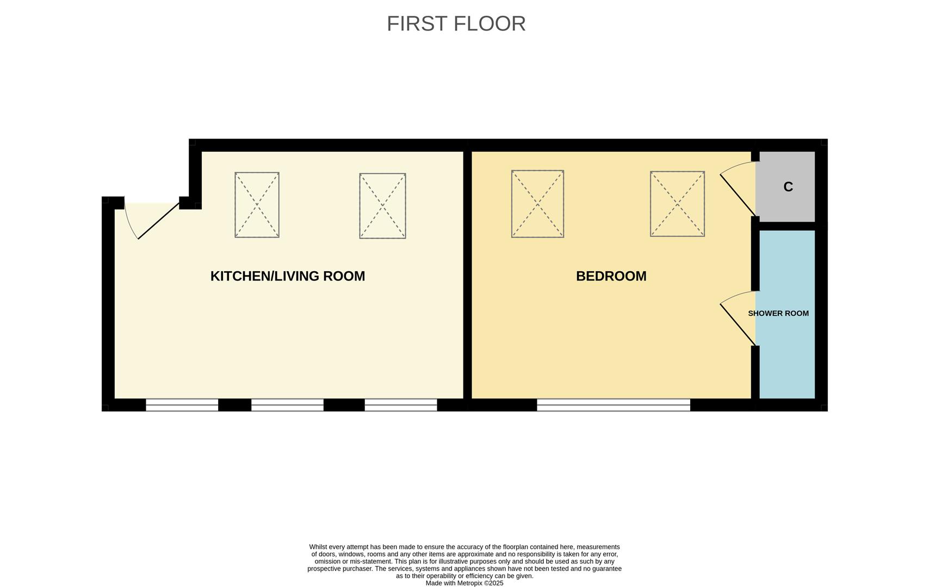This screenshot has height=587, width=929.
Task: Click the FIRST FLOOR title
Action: click(456, 24)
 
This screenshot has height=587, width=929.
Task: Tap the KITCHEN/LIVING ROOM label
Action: click(287, 276)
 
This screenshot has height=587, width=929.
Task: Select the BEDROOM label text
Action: click(611, 276)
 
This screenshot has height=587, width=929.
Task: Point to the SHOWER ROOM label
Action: click(778, 314)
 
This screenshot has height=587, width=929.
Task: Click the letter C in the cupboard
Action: click(788, 187)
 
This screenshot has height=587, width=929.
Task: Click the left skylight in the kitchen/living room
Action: click(257, 205)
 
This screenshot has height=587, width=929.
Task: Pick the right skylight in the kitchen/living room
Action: click(382, 206)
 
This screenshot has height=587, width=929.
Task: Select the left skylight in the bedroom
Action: click(537, 204)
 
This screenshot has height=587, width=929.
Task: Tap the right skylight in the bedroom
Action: click(677, 204)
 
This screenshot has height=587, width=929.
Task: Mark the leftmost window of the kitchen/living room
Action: click(182, 405)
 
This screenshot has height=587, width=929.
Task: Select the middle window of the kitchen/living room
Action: click(287, 405)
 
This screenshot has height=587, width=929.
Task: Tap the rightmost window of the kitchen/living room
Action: click(401, 405)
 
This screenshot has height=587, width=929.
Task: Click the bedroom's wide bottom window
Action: click(614, 405)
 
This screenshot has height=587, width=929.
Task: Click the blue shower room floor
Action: click(787, 359)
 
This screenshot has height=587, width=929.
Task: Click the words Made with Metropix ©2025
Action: click(464, 583)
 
